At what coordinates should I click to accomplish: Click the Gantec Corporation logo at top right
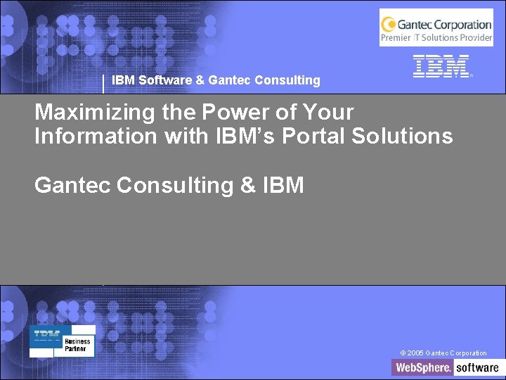pos(436,27)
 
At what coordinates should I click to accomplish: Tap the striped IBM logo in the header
pos(441,66)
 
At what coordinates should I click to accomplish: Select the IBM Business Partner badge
pos(63,341)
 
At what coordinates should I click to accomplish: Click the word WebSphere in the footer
pos(422,367)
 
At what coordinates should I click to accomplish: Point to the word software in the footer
pos(477,367)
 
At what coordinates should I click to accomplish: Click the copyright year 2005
pos(415,353)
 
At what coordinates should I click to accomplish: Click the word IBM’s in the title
pos(243,136)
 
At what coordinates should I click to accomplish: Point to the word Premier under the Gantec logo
pos(396,37)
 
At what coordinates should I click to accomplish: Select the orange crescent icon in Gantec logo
pos(389,25)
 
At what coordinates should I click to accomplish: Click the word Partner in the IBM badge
pos(76,348)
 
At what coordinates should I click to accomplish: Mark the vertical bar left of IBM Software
pos(104,83)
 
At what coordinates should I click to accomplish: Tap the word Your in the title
pos(329,113)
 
